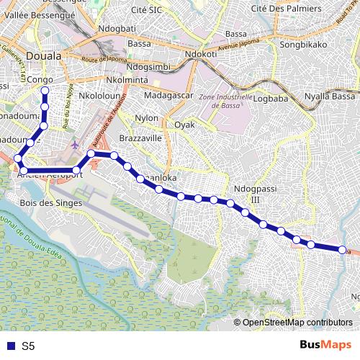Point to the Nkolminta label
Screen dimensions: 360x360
click(x=126, y=80)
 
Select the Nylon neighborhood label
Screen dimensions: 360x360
click(x=146, y=117)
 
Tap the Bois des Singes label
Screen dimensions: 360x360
click(x=52, y=203)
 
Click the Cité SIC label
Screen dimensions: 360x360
click(x=145, y=9)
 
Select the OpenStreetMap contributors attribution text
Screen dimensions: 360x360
click(x=297, y=323)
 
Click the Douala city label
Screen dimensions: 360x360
click(x=43, y=55)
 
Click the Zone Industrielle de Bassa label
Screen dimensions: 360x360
click(x=226, y=101)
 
